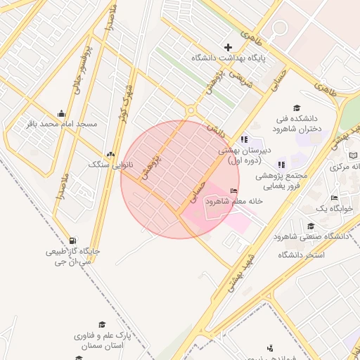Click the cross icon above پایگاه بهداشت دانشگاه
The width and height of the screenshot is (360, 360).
coord(228,47)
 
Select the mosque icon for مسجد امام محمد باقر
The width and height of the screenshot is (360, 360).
coord(61,113)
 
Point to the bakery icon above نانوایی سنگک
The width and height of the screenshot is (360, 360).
coord(109,154)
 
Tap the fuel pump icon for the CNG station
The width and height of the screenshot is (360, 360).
coord(74,240)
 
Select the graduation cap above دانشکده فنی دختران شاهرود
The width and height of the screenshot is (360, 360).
coord(297,108)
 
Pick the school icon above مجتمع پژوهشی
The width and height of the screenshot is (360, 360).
coord(282,164)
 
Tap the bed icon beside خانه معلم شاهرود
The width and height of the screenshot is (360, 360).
coord(233,191)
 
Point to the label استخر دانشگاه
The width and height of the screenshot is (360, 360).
coord(302,254)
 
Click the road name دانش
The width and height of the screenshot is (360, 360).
coord(212,128)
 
